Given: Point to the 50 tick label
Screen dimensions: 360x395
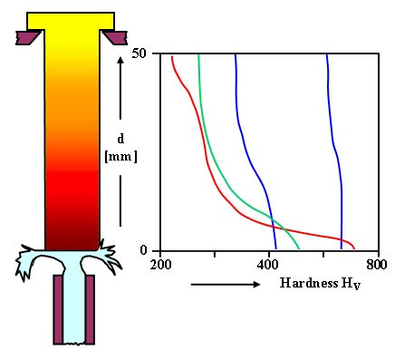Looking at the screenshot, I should click(x=140, y=55).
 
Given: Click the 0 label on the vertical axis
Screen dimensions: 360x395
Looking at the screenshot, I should click(x=143, y=250).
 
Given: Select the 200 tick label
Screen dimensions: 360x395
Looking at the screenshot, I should click(x=160, y=266).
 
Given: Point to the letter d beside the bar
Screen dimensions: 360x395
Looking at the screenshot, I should click(x=120, y=139).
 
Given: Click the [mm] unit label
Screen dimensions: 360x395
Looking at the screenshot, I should click(x=120, y=155).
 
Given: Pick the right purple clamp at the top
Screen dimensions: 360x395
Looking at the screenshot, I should click(x=114, y=38).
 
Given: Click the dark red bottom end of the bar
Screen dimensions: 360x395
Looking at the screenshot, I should click(x=71, y=238).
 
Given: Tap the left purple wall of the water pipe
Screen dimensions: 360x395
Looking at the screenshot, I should click(x=57, y=308).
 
